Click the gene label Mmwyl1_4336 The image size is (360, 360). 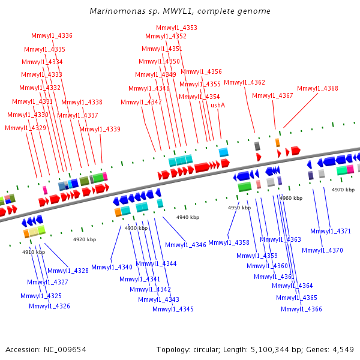52,36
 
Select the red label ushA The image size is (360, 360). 218,105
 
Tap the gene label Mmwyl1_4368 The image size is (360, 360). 317,89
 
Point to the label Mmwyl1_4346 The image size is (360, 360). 185,245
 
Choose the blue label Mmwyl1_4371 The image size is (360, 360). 331,232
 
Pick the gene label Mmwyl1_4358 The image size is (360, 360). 229,242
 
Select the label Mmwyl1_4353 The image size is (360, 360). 176,28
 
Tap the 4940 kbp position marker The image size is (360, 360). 187,217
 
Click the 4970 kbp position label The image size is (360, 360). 343,190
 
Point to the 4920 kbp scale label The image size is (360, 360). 85,239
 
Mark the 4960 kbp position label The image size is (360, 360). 291,198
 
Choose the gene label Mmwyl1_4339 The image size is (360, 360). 100,129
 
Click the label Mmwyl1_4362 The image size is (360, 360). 244,83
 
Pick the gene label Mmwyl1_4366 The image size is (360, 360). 301,309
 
